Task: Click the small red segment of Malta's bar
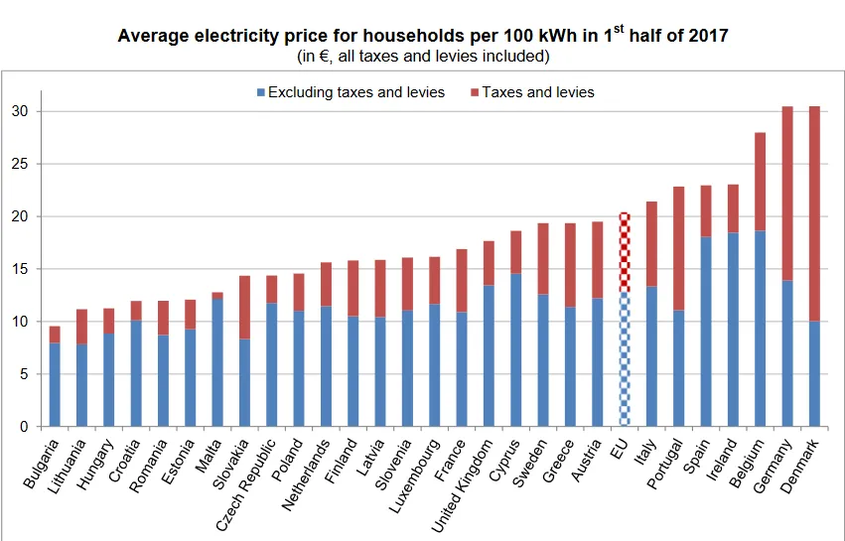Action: pos(216,295)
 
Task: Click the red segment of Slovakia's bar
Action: pos(243,308)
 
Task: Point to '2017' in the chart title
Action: pos(708,37)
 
